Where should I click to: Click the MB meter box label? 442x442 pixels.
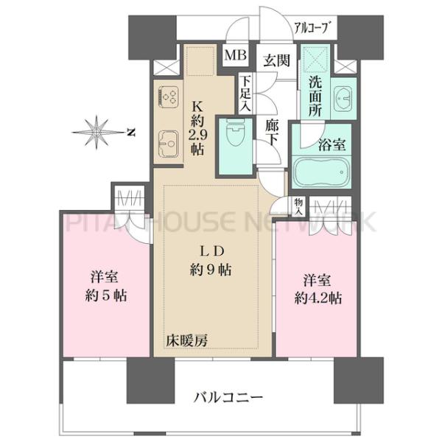[236, 54]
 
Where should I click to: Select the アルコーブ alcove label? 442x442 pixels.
[315, 29]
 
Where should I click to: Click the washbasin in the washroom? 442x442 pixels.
[343, 97]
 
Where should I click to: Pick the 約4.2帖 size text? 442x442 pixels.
[318, 300]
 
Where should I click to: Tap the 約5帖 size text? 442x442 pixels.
[106, 297]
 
